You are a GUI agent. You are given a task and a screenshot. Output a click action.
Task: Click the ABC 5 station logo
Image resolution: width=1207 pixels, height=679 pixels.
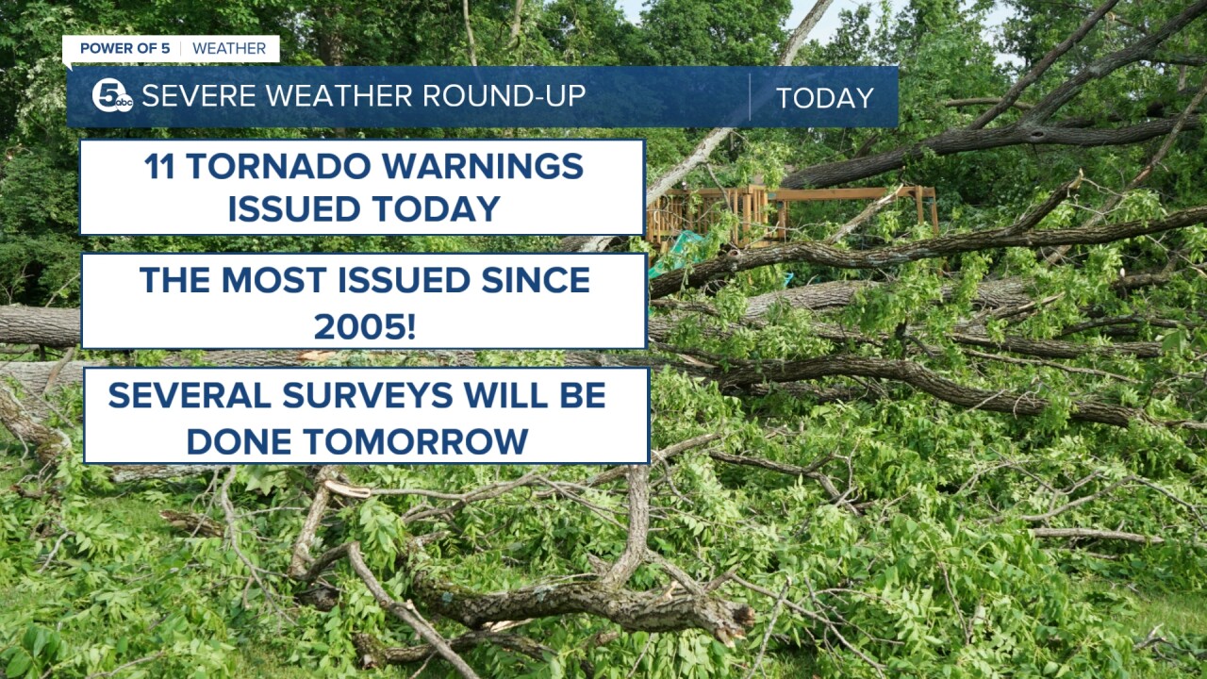(x=112, y=96)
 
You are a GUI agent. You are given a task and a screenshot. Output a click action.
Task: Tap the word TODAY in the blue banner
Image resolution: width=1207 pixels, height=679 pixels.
(x=824, y=98)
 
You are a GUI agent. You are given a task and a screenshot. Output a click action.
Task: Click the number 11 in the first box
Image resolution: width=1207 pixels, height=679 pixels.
(x=161, y=167)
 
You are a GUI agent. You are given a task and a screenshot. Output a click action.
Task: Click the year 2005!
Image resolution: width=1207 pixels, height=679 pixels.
(x=364, y=326)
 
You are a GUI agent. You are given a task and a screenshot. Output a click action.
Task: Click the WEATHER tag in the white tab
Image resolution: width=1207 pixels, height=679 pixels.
(x=229, y=49)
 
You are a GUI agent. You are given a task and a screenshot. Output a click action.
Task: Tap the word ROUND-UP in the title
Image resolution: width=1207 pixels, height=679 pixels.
(x=504, y=96)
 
